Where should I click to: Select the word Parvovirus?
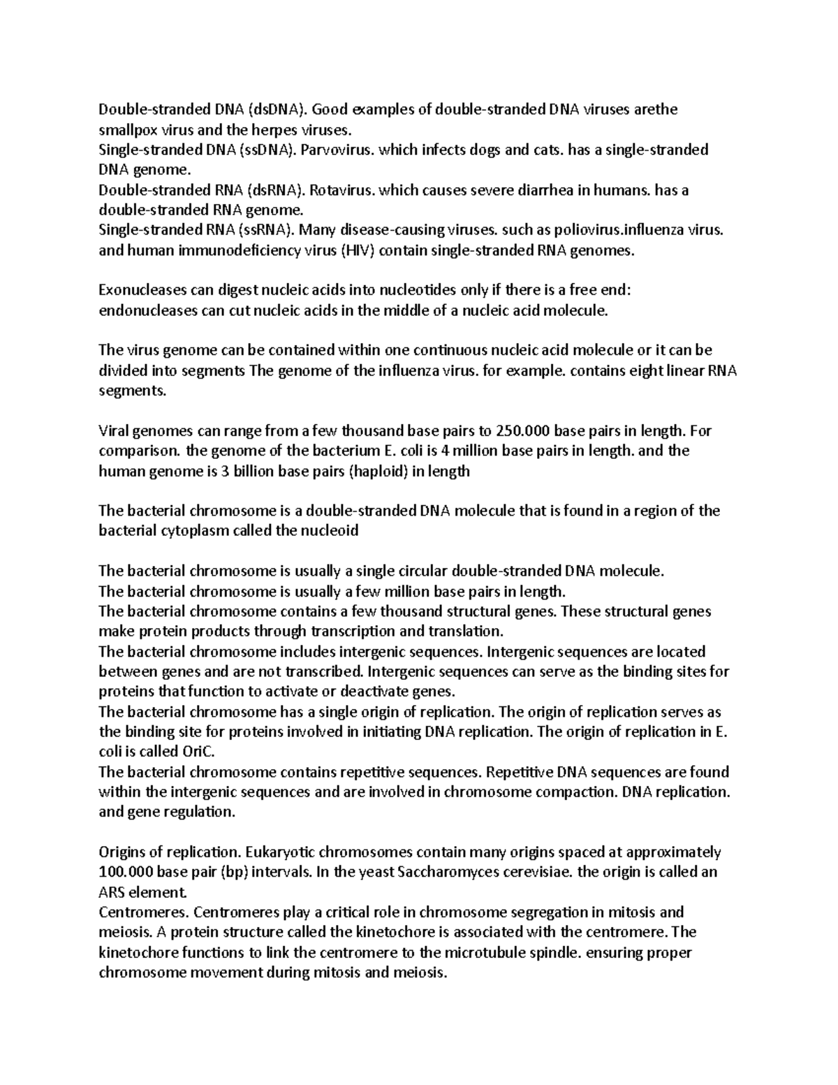338,150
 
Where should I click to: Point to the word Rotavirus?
341,190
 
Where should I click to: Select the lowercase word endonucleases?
149,311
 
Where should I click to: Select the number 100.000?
126,873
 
